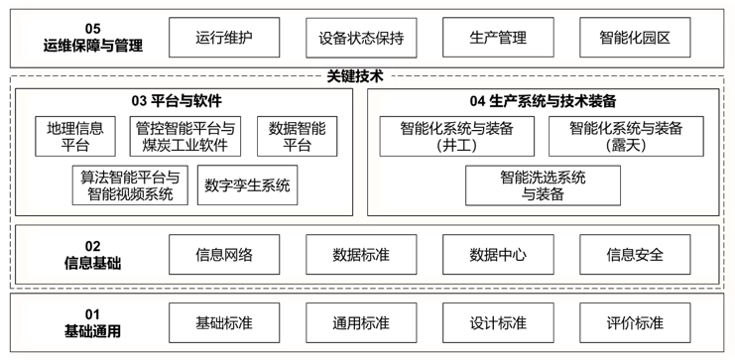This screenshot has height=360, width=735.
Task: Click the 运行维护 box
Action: (x=224, y=39)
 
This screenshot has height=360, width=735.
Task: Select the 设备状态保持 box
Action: (x=361, y=39)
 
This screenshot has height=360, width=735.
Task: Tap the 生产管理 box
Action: (x=498, y=39)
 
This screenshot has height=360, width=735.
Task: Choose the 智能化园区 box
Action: (x=635, y=39)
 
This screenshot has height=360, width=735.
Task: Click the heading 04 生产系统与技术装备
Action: (x=543, y=101)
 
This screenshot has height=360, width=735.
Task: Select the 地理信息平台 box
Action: (x=75, y=137)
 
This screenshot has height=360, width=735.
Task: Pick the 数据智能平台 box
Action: (x=291, y=137)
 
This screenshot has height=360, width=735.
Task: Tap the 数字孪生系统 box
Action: (x=248, y=185)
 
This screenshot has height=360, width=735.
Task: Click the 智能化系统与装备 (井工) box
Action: (x=457, y=137)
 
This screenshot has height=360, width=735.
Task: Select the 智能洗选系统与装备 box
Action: (x=543, y=185)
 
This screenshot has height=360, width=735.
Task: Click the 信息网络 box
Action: (x=224, y=255)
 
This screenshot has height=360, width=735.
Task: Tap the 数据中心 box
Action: (x=498, y=255)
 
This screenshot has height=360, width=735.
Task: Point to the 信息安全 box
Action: (x=635, y=255)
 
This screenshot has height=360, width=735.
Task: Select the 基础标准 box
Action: (x=224, y=323)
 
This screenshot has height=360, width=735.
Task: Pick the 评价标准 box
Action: (x=635, y=323)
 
